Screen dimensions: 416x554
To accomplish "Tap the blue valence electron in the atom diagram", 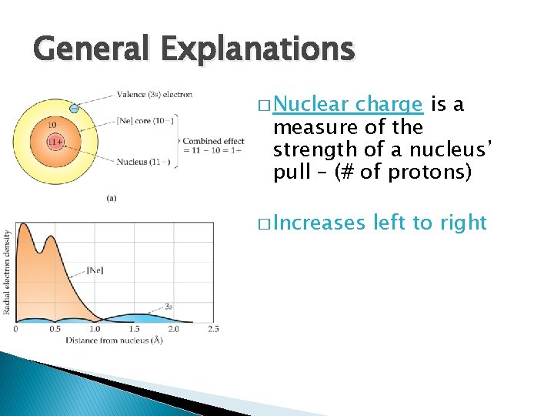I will [74, 109].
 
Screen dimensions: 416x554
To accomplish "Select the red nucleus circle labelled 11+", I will [55, 143].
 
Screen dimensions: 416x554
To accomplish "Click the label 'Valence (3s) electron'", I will [155, 95].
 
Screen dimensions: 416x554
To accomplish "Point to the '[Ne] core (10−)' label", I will [145, 121].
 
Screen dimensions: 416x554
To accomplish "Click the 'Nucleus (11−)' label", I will [142, 162].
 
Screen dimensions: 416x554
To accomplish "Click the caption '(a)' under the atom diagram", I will [112, 198].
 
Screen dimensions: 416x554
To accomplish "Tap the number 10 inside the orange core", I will [52, 124].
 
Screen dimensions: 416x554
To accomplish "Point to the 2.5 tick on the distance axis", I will [213, 329].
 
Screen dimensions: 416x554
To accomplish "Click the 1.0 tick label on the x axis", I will [95, 329].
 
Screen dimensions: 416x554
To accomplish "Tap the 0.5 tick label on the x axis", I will [55, 329].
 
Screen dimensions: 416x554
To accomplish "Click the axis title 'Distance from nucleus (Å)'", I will [114, 340].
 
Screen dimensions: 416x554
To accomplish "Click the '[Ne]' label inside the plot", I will [95, 270].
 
